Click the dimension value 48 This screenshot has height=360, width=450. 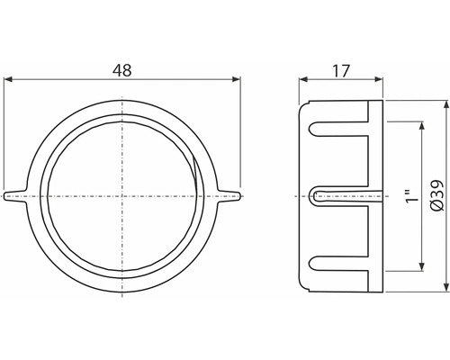121,67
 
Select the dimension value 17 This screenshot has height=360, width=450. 341,67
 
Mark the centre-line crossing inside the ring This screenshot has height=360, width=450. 122,194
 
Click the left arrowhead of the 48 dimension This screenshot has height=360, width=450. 8,81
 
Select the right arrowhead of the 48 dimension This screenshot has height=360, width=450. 238,81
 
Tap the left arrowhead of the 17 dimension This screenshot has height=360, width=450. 302,81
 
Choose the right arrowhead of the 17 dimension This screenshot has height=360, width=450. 379,81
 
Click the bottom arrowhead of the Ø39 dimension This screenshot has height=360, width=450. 445,286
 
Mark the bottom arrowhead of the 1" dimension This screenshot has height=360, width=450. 420,267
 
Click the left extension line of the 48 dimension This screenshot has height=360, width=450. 4,135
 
